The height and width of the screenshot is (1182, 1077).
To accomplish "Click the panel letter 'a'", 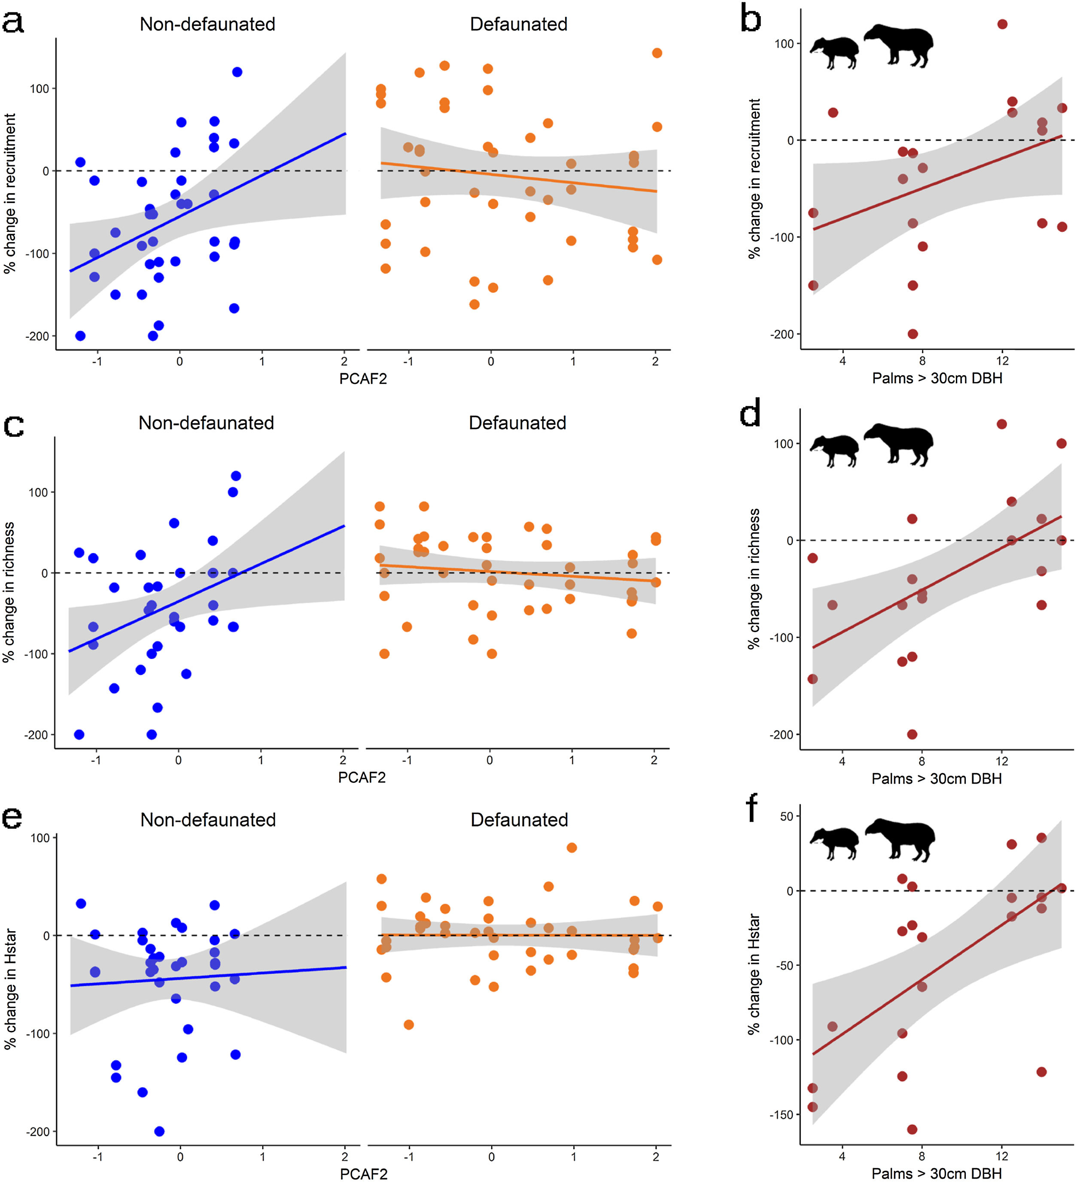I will tap(13, 22).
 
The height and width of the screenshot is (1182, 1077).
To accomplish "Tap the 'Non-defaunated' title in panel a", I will tap(207, 24).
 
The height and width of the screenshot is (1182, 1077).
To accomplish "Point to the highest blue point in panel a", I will tap(237, 72).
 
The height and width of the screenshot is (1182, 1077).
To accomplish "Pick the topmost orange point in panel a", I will tap(657, 53).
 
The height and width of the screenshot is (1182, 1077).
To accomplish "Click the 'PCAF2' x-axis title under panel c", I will tap(362, 778).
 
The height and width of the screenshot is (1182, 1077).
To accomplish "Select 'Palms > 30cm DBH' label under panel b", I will tap(937, 378).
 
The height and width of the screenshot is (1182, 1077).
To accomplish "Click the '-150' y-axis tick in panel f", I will tap(781, 1115).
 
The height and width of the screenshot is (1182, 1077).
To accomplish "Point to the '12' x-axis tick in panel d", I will tap(1002, 761).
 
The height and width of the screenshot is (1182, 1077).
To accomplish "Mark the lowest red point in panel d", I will tap(912, 735).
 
